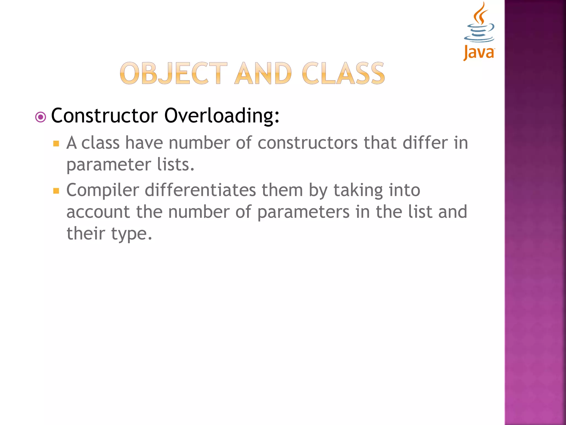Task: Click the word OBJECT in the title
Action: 174,73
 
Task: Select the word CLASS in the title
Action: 344,73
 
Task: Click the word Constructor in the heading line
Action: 104,115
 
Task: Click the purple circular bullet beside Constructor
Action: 41,117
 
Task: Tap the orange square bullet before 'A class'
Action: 56,144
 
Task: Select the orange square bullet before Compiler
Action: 56,191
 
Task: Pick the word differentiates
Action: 200,190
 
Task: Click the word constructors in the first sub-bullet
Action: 308,143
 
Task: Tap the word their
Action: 86,234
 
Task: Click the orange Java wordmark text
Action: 479,53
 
